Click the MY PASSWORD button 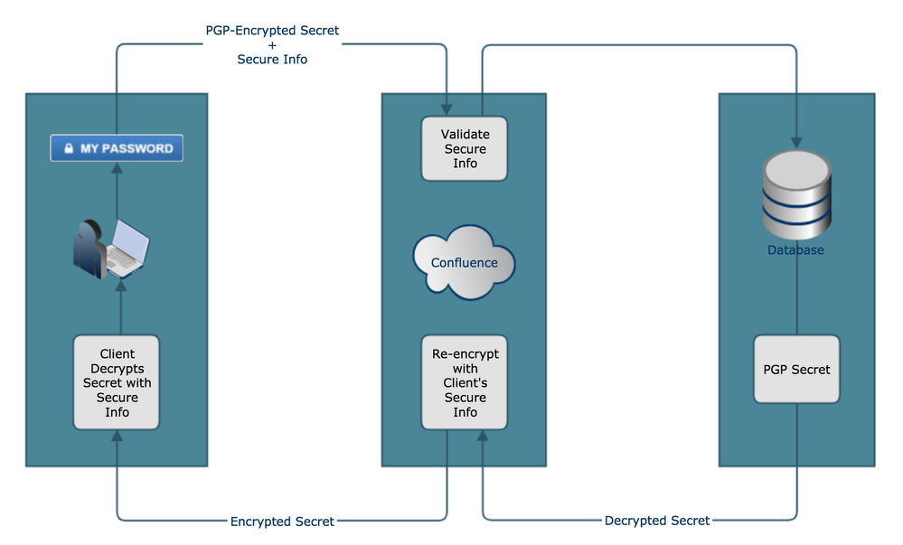coord(117,148)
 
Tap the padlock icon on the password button coord(68,148)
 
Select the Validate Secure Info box coord(465,149)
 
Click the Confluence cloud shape coord(464,262)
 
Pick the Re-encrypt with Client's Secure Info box coord(465,383)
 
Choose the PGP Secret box coord(796,369)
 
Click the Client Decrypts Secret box coord(117,383)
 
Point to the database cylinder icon coord(796,195)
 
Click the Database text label coord(796,250)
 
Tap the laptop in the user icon coord(130,247)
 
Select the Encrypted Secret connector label coord(282,522)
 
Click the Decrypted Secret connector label coord(657,521)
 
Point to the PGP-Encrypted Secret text coord(272,31)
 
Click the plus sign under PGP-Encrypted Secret coord(272,45)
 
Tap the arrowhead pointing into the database coord(796,143)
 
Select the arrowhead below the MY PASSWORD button coord(117,168)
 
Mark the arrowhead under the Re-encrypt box coord(482,437)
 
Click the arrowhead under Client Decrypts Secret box coord(117,437)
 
